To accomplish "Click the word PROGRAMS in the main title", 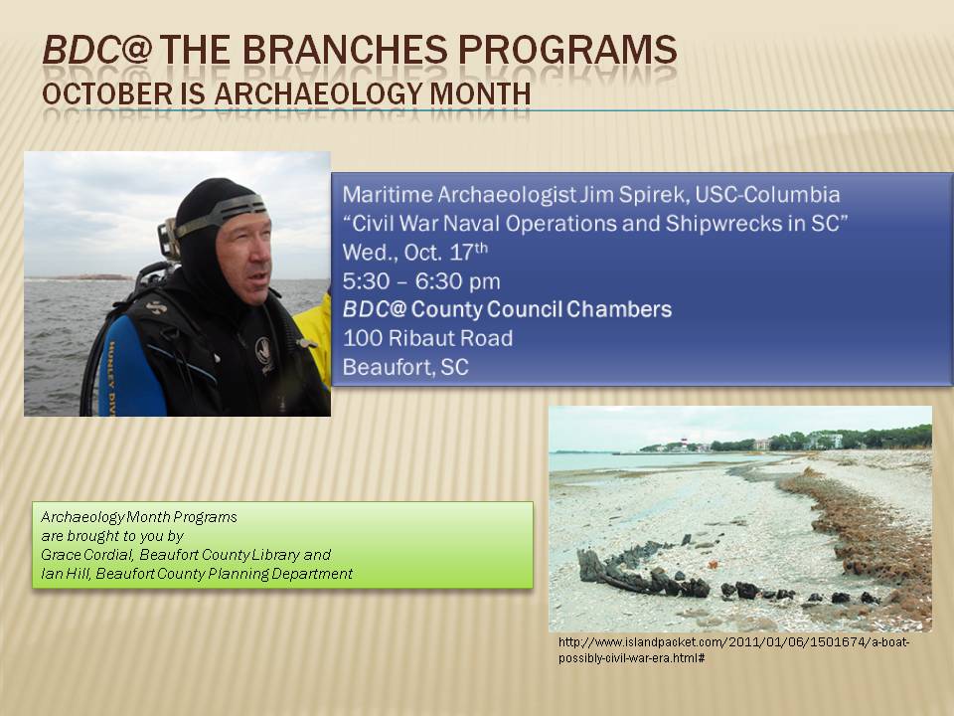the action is coord(567,50).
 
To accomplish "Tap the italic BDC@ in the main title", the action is coord(96,50).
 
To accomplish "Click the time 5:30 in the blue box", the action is coord(367,281).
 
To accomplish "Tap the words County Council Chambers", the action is coord(542,309).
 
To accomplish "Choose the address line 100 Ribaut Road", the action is coord(427,338).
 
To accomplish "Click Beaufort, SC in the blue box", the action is coord(405,367).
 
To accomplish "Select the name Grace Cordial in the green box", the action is coord(86,555).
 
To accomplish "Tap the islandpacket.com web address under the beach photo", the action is coord(733,650).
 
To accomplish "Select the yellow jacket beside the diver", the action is coord(315,341).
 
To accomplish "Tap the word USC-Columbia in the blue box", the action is coord(767,195).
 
